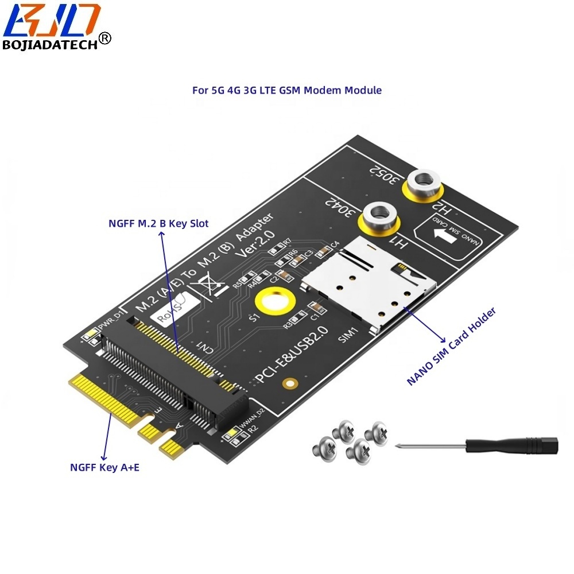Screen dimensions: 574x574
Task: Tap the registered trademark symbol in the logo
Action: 105,38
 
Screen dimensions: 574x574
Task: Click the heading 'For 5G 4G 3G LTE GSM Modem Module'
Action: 286,90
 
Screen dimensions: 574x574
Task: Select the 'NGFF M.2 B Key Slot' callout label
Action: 158,223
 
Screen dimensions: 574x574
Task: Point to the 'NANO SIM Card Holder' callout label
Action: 451,347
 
